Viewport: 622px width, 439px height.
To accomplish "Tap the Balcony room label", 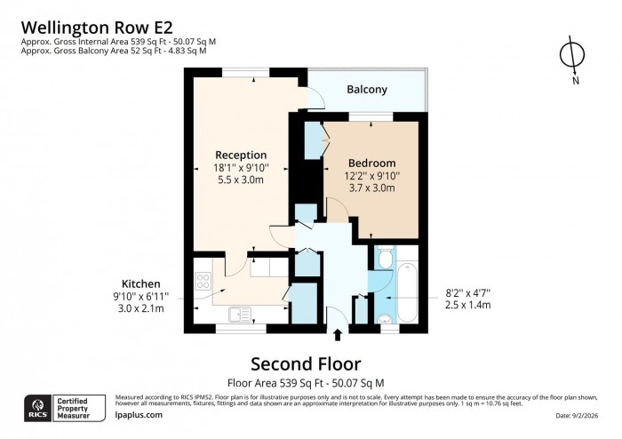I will pos(367,90).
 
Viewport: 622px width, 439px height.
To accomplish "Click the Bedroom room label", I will pos(371,163).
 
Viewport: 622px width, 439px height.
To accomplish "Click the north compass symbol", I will pos(572,57).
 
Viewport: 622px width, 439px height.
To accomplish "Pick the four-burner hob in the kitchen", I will pos(202,282).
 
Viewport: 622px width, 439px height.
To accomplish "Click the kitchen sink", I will pos(239,313).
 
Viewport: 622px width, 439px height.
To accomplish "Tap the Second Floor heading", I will pos(306,363).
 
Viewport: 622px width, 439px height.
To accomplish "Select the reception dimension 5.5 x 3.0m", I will pos(240,180).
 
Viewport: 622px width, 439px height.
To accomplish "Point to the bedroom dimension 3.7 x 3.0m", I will pos(371,188).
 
